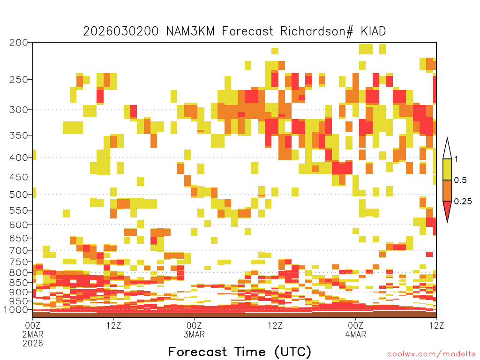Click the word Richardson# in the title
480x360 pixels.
coord(316,31)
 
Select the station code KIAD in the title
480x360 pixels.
coord(373,31)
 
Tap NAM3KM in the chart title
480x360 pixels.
coord(190,31)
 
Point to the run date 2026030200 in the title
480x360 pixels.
coord(121,31)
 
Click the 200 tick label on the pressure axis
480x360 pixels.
coord(19,43)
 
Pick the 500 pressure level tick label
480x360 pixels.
coord(19,195)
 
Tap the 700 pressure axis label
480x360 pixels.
coord(19,250)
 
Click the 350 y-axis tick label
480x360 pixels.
coord(19,135)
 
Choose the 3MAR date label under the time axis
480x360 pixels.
coord(194,334)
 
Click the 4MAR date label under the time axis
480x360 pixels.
coord(356,334)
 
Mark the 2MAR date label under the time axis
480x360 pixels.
coord(33,334)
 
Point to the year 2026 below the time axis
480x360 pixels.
coord(33,344)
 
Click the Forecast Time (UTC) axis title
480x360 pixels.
coord(240,352)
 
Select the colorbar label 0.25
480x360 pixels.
coord(463,202)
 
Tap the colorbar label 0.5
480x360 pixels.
coord(460,180)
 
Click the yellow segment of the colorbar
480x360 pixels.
coord(447,169)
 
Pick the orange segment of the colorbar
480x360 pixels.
coord(447,190)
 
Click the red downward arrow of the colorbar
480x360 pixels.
coord(447,210)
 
